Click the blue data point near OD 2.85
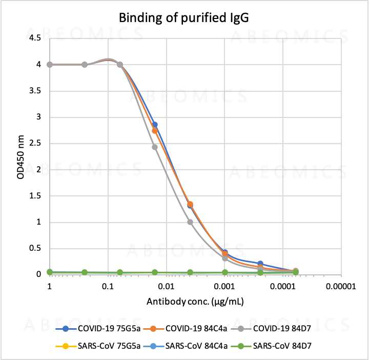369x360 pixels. pos(154,125)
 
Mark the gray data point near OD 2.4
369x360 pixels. pos(154,147)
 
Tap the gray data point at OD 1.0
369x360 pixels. pos(190,222)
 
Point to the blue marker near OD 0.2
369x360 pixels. pos(260,264)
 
